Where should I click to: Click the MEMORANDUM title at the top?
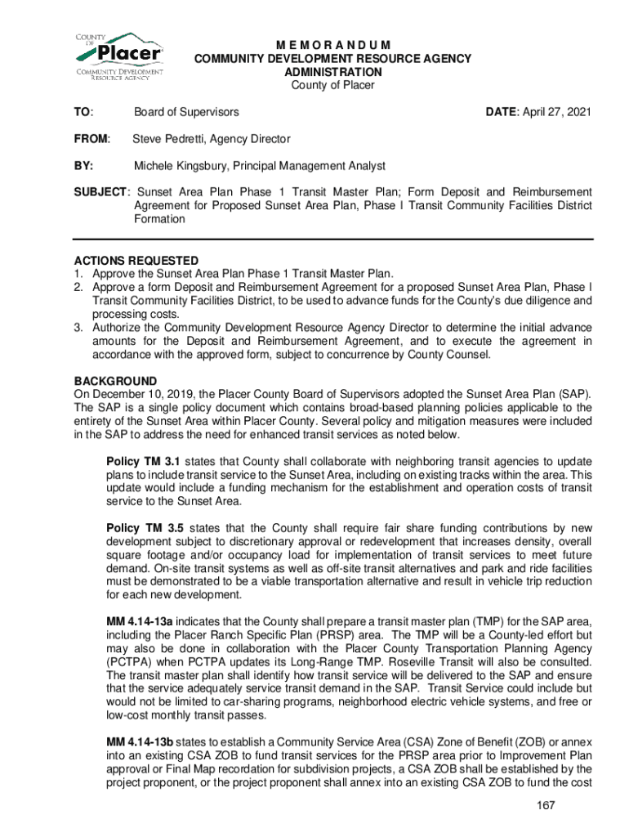(332, 45)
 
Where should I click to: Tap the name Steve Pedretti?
(169, 139)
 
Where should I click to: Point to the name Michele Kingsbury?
(180, 166)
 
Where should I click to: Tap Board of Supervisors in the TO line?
(186, 111)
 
